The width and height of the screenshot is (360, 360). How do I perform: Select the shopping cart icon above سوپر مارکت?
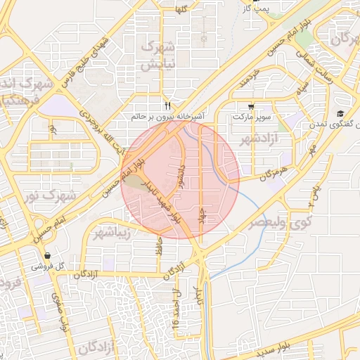point(251,106)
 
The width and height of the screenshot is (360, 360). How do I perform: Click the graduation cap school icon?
point(340,114)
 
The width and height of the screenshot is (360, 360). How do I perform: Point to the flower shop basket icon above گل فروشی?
point(47,256)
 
